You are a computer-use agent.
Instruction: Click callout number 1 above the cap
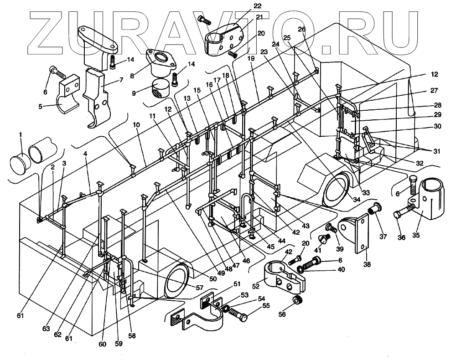(x=20, y=135)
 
